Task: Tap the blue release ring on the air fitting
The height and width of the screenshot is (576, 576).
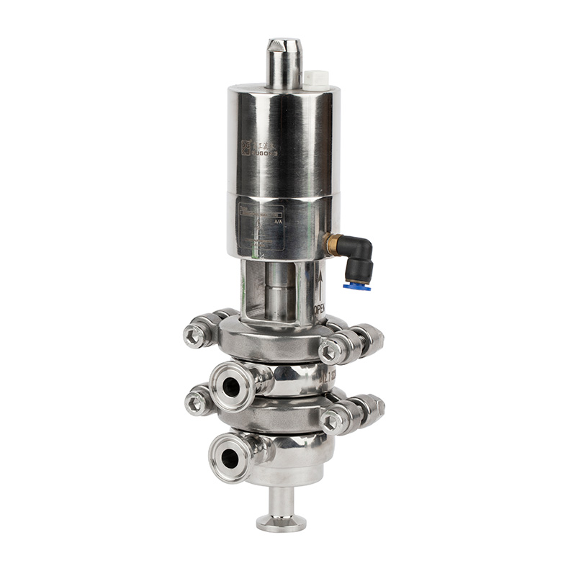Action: coord(353,286)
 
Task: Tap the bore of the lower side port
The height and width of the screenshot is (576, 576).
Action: coord(229,455)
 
